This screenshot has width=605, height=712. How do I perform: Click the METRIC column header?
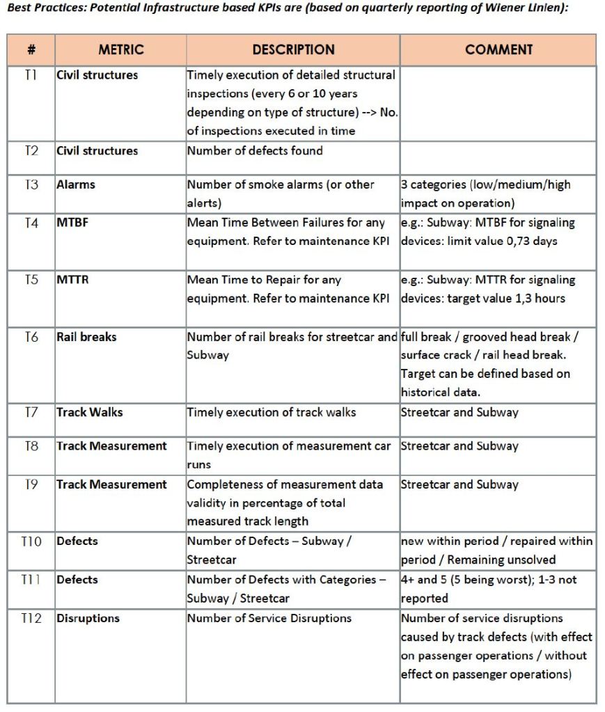120,50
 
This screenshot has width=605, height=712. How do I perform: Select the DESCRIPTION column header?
293,50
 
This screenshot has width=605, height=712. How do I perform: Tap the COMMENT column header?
498,50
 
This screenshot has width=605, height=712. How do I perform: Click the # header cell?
31,50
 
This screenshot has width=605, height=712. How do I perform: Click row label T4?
31,223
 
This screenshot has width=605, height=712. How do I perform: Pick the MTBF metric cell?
70,223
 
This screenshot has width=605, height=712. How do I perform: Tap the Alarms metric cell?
76,185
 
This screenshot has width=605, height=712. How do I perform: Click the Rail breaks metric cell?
86,337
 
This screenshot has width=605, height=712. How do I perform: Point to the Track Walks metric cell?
89,412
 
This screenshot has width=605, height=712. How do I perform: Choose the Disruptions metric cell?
88,618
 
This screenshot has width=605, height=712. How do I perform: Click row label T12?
31,618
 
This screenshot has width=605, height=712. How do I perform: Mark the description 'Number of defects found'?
255,150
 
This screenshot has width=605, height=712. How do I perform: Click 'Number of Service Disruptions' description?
269,618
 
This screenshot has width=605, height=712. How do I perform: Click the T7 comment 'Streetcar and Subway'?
459,412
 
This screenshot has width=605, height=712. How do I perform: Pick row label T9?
31,484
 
